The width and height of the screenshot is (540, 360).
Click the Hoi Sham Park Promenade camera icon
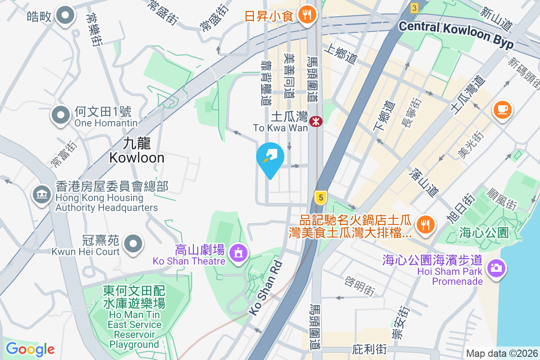pyautogui.click(x=496, y=268)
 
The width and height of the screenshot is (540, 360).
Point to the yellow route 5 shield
pyautogui.click(x=320, y=197)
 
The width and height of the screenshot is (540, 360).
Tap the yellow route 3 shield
pyautogui.click(x=414, y=7)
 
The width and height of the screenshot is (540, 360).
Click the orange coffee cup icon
pyautogui.click(x=502, y=109)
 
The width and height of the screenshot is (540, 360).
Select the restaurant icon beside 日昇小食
pyautogui.click(x=308, y=14)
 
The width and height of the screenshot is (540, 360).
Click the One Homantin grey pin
pyautogui.click(x=61, y=115)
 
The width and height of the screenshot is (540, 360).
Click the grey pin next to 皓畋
pyautogui.click(x=66, y=16)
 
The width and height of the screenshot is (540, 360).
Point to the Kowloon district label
pyautogui.click(x=136, y=150)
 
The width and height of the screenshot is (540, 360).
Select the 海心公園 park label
pyautogui.click(x=484, y=233)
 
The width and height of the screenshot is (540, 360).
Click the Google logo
pyautogui.click(x=30, y=349)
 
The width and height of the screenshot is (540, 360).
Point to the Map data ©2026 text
pyautogui.click(x=501, y=354)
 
